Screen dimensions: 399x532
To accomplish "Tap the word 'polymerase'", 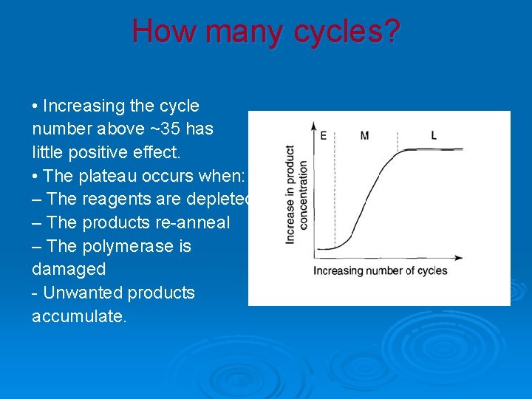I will point(132,246).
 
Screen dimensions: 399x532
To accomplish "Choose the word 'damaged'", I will point(69,269).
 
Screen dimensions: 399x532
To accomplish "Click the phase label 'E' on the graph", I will point(323,136).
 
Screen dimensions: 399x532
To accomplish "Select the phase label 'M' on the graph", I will point(364,135).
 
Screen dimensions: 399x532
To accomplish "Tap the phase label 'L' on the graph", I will point(434,135).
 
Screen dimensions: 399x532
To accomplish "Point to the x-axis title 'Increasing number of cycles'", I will point(380,270).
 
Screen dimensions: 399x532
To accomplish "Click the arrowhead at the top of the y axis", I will point(314,125).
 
